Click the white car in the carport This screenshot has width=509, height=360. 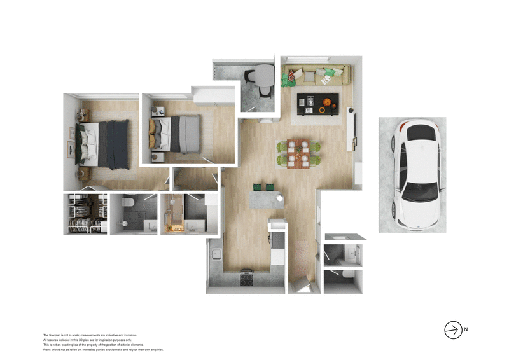417,176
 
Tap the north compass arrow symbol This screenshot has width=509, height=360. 452,329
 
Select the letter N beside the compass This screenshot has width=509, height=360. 466,329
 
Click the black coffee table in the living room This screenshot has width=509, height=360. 318,104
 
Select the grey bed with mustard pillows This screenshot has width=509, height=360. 178,134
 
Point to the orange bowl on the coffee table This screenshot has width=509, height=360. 327,104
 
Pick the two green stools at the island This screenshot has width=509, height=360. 264,187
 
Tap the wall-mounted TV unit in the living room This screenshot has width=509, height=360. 351,131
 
